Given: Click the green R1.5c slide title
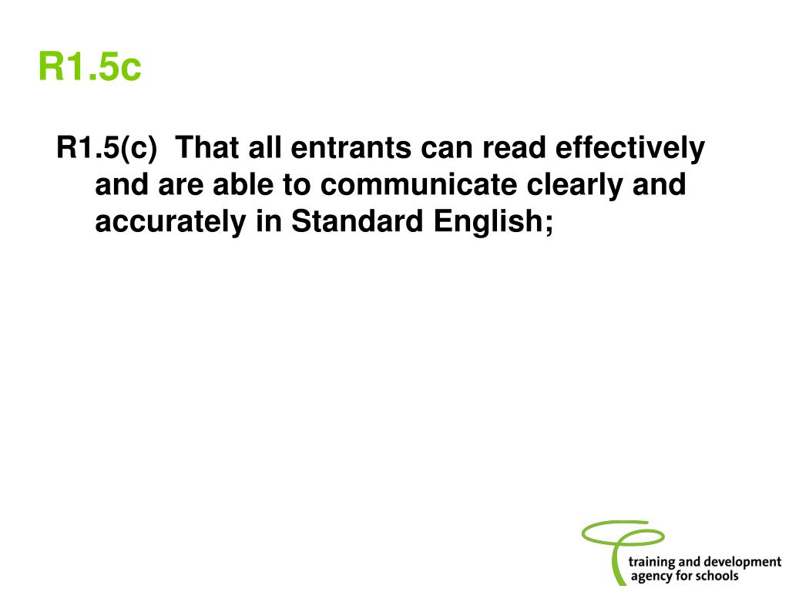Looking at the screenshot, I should coord(90,67).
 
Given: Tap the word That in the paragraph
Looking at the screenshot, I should coord(209,148).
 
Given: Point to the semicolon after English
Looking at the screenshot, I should coord(549,224).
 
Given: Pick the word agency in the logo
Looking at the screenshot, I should coord(653,577).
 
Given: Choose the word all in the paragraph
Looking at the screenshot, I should coord(265,148).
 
